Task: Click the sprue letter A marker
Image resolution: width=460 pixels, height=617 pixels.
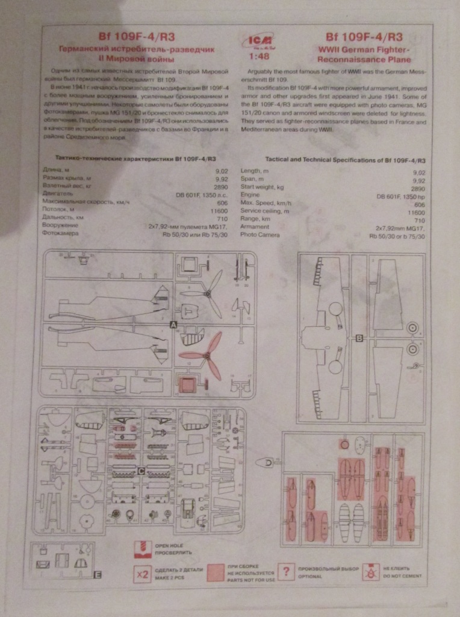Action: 174,324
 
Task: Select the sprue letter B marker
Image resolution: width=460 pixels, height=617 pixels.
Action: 359,339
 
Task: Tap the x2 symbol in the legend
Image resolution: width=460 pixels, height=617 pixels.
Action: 143,574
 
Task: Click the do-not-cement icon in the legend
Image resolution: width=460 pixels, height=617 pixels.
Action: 368,572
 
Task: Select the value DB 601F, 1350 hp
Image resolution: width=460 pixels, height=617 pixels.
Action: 401,196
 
